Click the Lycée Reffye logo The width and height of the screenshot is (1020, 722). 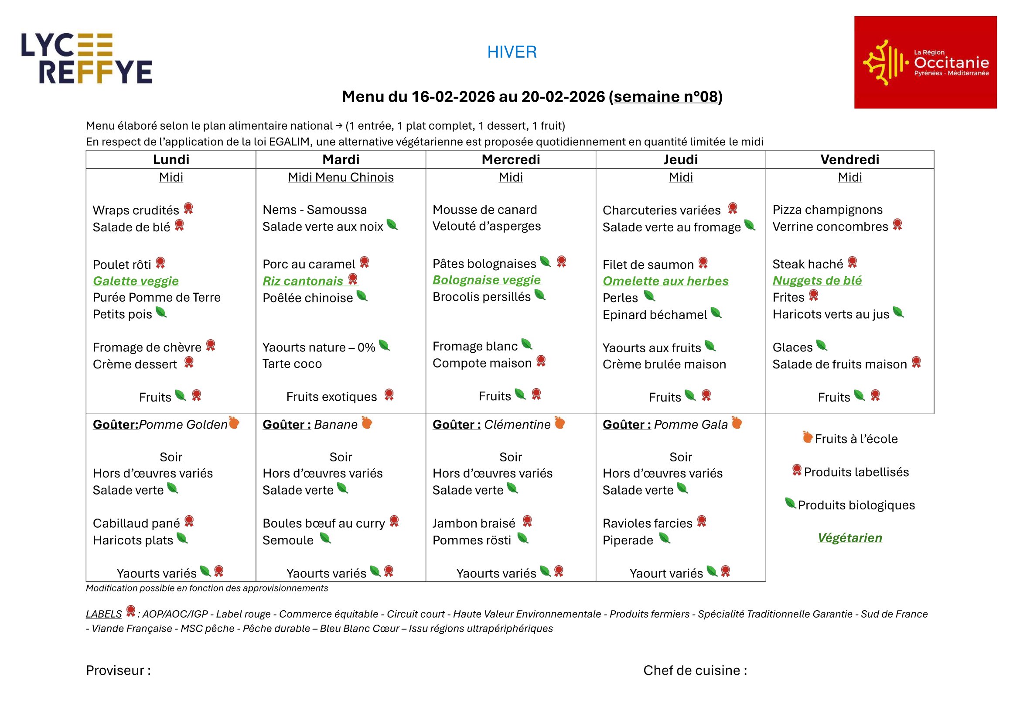pos(87,58)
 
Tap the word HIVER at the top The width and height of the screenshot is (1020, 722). pos(512,52)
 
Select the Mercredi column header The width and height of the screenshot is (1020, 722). pos(511,160)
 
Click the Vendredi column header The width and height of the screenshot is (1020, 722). pos(849,160)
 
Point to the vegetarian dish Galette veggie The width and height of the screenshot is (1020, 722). pos(136,281)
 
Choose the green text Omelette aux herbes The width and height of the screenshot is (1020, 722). pos(665,281)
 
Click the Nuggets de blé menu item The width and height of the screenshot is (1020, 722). pos(816,281)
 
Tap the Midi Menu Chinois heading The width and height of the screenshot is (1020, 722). pos(340,177)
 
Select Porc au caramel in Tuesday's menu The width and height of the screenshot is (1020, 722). pos(309,264)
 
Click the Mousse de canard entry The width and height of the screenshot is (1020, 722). pos(484,210)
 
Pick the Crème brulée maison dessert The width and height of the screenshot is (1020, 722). pos(664,364)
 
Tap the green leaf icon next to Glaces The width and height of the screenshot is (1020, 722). pos(822,345)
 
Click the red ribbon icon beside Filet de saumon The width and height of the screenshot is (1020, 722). pos(703,263)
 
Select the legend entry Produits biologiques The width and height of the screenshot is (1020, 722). pos(856,505)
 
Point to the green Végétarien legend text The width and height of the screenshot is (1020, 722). pos(849,538)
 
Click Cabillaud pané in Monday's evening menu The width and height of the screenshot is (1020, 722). pos(136,523)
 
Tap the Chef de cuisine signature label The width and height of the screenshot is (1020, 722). pos(695,670)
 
